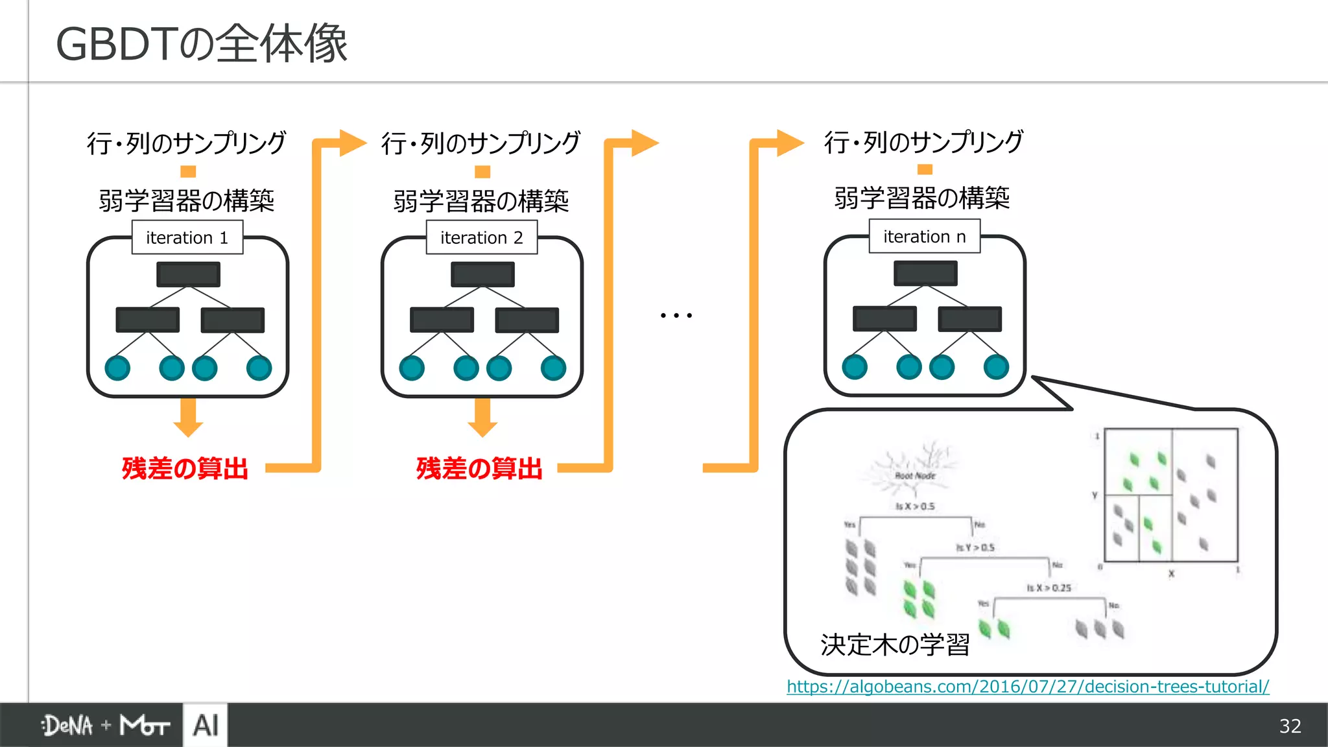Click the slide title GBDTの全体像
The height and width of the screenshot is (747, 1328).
click(x=202, y=44)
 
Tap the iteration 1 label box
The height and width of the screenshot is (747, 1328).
click(x=187, y=237)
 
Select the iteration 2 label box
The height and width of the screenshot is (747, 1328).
click(x=482, y=237)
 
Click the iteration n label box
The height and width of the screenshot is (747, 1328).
click(x=925, y=237)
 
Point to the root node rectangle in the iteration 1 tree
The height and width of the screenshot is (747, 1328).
click(x=188, y=274)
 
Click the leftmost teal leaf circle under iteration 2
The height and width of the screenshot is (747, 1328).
click(x=412, y=368)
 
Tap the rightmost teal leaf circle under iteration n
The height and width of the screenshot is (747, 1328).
click(x=996, y=367)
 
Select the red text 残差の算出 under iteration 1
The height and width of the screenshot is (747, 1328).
click(x=185, y=468)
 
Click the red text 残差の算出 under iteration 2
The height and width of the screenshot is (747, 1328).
click(x=480, y=468)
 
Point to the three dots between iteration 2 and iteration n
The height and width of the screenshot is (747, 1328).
click(x=676, y=316)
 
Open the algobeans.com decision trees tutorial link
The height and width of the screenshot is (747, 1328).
click(x=1028, y=687)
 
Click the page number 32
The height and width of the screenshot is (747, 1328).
click(x=1290, y=726)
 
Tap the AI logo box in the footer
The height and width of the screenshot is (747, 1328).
click(x=206, y=725)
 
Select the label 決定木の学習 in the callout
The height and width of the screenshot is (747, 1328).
click(x=895, y=645)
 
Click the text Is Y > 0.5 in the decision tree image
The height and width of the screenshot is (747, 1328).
click(x=975, y=548)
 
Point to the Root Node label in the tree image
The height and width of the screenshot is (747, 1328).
click(x=915, y=476)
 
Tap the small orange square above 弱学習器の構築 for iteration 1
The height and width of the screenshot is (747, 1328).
click(x=188, y=171)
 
